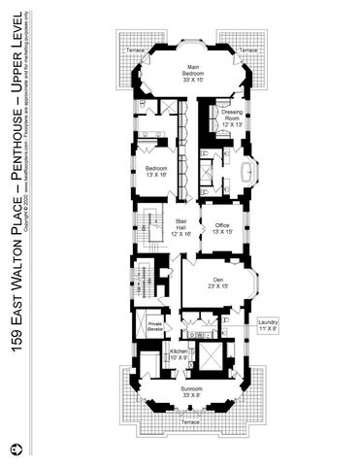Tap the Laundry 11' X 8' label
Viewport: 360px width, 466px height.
269,326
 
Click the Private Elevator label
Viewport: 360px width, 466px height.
155,327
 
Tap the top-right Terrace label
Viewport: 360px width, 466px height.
248,49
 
